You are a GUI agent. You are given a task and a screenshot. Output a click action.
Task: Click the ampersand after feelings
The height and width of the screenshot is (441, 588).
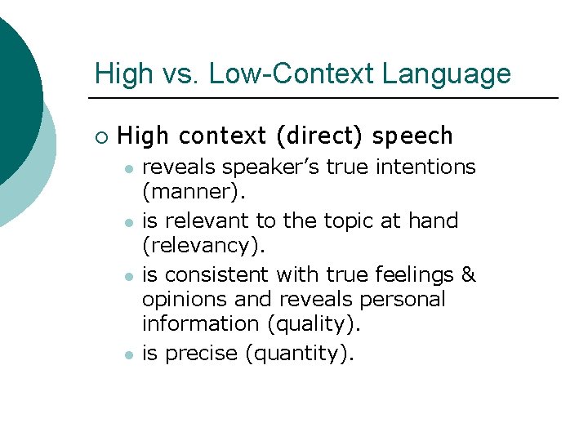tap(469, 274)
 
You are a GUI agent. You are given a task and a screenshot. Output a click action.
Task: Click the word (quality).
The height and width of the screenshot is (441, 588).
tap(313, 324)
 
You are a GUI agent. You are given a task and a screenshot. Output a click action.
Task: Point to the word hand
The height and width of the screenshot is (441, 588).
tap(435, 220)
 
